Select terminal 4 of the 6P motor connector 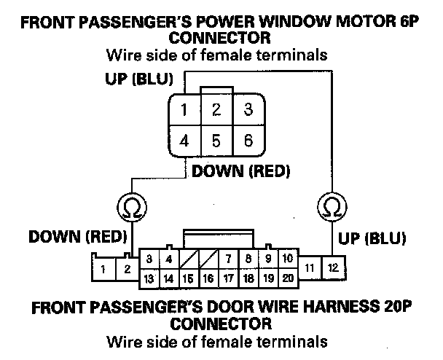tap(185, 140)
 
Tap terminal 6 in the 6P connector tap(248, 140)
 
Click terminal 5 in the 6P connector tap(216, 140)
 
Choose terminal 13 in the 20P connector tap(149, 278)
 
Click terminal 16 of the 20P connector tap(208, 278)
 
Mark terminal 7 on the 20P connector tap(228, 259)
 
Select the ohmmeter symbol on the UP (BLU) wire tap(332, 208)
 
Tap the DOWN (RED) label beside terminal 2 tap(78, 237)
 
